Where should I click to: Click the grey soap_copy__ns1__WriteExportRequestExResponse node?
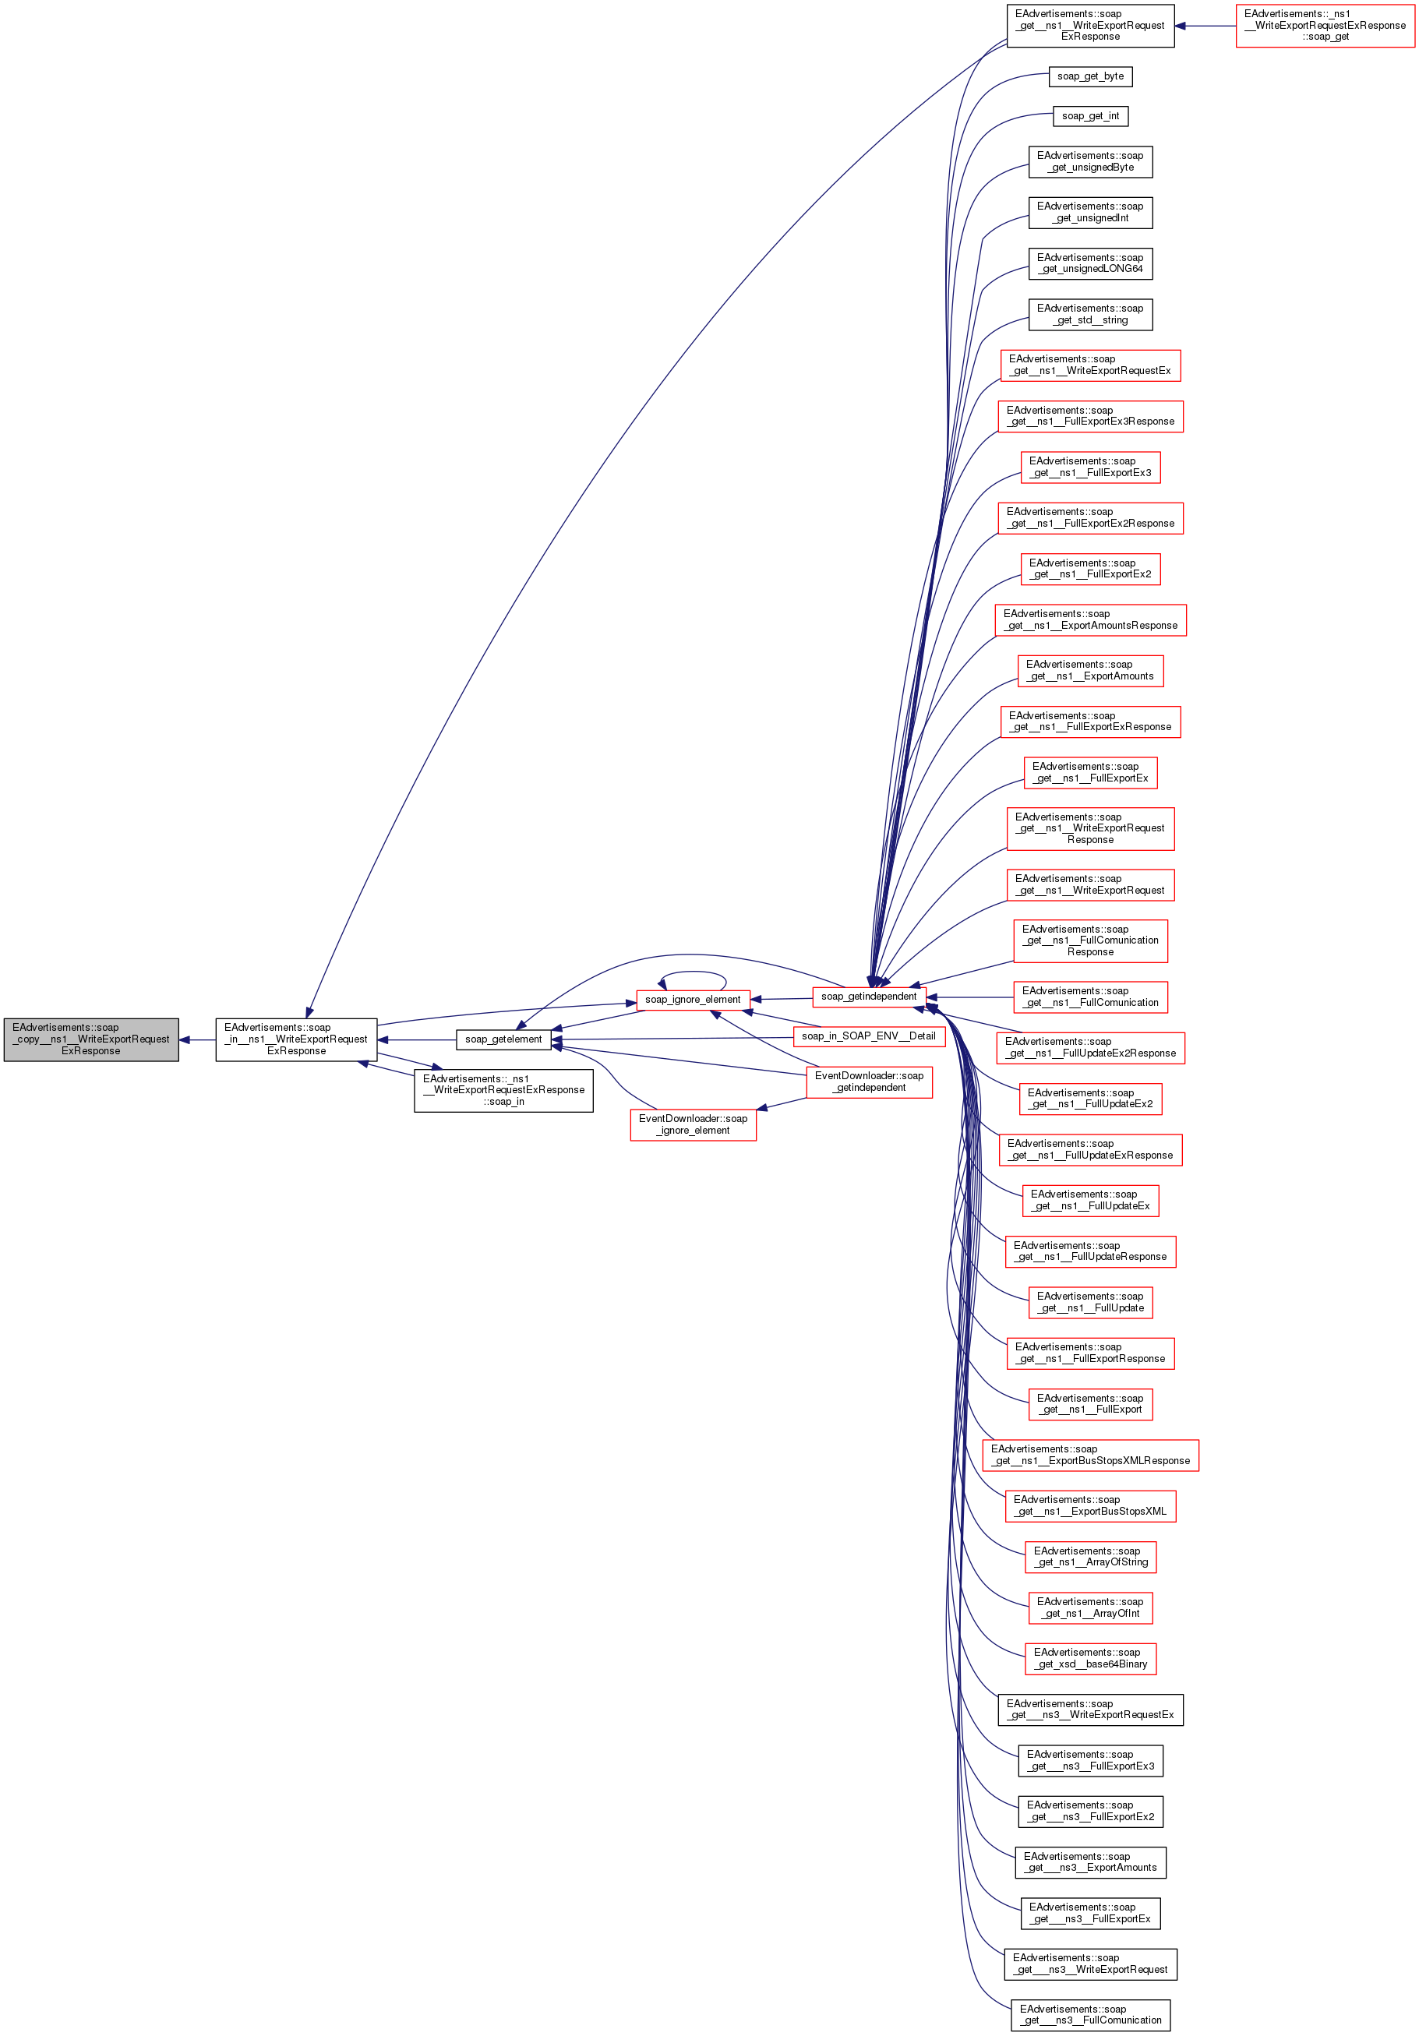(x=91, y=1039)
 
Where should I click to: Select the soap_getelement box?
(x=503, y=1039)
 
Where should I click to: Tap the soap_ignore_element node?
(x=693, y=1000)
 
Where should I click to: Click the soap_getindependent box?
(x=868, y=997)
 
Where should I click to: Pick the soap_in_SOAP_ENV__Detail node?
(x=868, y=1036)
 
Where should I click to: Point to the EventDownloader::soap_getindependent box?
(x=869, y=1081)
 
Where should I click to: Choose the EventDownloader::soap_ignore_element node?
(x=693, y=1124)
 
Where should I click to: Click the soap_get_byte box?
(x=1090, y=76)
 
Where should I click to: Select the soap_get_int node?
(x=1090, y=116)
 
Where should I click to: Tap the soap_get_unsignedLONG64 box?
(x=1090, y=263)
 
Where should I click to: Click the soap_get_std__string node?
(x=1090, y=314)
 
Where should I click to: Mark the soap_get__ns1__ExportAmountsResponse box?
(x=1090, y=620)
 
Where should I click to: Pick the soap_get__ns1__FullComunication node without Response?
(x=1090, y=997)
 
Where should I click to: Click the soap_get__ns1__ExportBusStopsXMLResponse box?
(x=1090, y=1456)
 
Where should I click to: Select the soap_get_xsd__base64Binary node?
(x=1090, y=1658)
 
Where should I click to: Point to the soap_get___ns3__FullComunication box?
(x=1090, y=2015)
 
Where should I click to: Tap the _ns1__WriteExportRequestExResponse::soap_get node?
(x=1324, y=26)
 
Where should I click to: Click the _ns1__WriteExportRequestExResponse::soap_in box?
(x=503, y=1090)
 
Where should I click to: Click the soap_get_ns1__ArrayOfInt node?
(x=1090, y=1607)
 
